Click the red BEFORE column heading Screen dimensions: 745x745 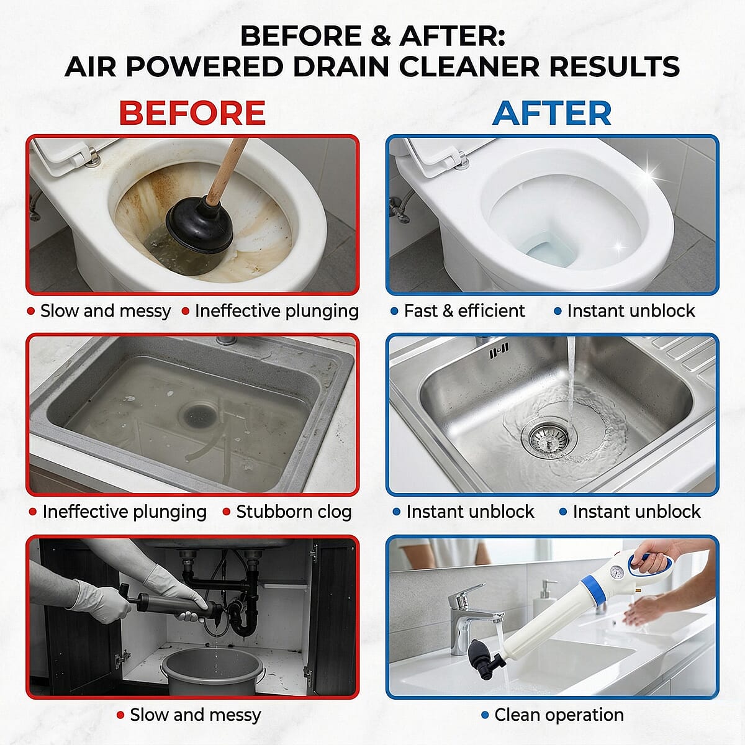[x=192, y=113]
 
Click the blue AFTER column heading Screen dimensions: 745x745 [x=552, y=113]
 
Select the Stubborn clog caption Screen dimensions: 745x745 [x=294, y=512]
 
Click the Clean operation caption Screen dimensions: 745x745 [x=559, y=715]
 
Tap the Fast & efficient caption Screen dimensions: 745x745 [x=464, y=311]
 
